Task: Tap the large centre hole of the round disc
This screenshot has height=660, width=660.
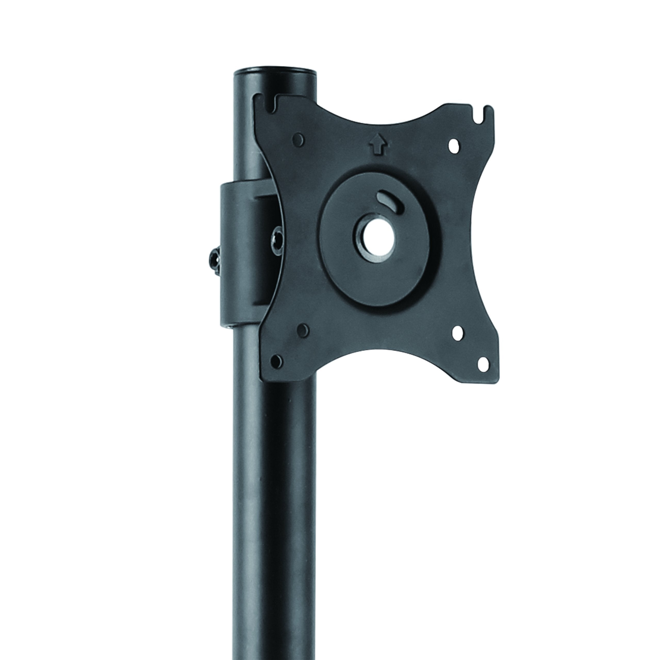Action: click(378, 239)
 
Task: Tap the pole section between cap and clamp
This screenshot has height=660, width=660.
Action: click(246, 137)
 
